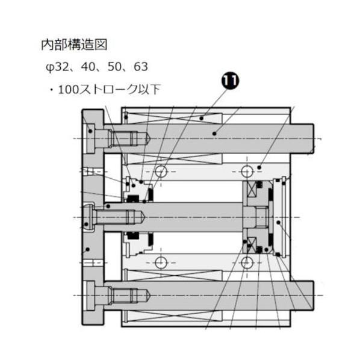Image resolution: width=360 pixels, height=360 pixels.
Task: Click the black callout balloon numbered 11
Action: [x=229, y=81]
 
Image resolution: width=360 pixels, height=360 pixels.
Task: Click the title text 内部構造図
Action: [x=73, y=45]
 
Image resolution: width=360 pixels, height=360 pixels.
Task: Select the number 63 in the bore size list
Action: [x=141, y=66]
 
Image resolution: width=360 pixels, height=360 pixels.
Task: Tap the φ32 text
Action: [x=58, y=66]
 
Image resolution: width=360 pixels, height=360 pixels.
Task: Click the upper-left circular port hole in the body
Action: [x=160, y=172]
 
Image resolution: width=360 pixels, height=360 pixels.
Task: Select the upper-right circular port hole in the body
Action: [x=247, y=172]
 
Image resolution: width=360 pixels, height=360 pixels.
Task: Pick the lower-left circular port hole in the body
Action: [x=160, y=262]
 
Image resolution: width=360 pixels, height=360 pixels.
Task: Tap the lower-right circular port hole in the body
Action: [x=247, y=262]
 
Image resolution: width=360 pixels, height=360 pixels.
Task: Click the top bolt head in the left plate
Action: [x=93, y=140]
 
